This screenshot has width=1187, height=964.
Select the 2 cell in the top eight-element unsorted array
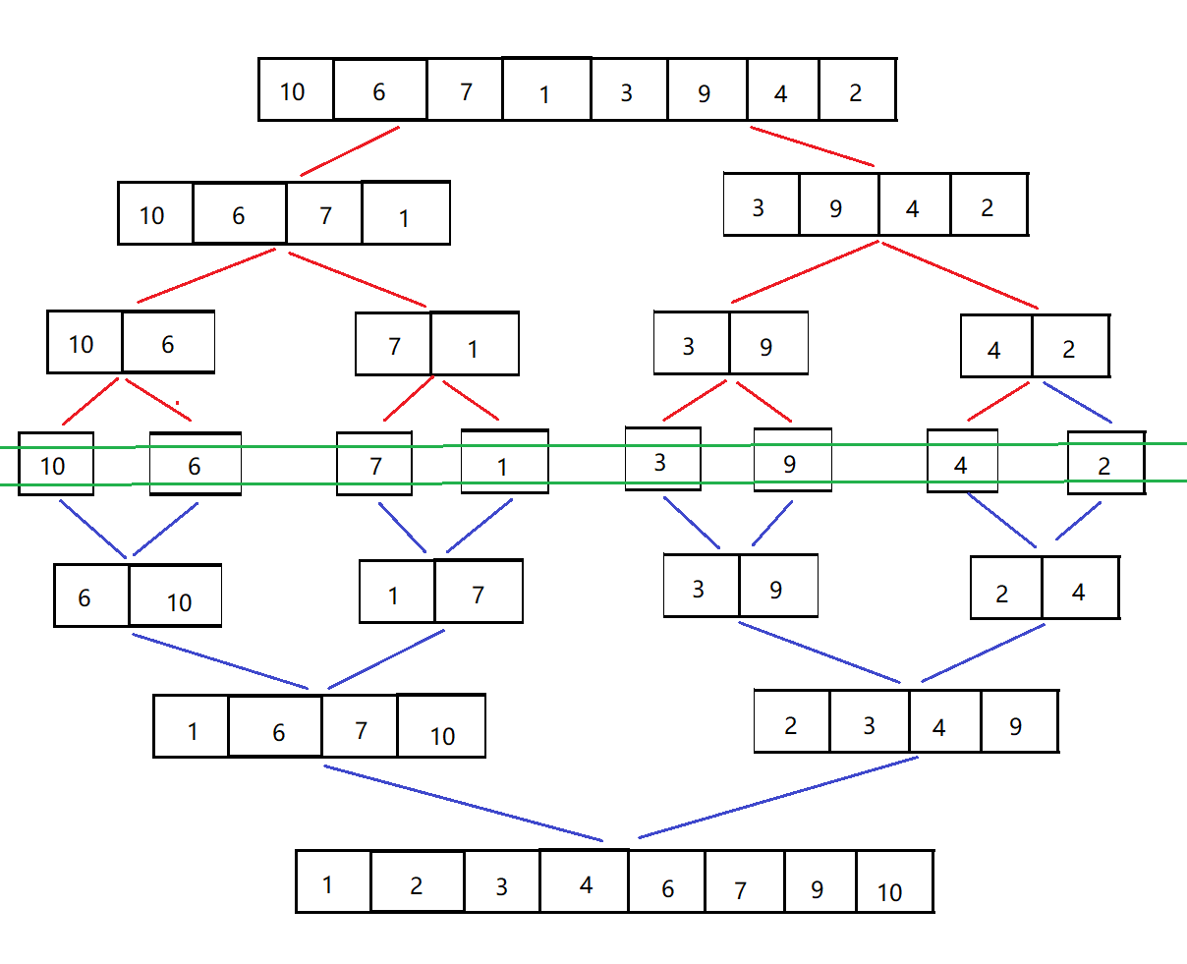857,90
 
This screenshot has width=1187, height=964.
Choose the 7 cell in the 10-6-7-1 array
324,213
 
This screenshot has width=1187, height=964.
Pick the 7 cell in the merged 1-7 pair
479,592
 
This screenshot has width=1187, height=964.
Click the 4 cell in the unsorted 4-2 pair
995,347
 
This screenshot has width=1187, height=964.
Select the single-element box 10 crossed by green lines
56,464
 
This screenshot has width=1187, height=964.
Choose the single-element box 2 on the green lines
1105,463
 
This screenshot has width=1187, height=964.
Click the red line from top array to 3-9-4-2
812,146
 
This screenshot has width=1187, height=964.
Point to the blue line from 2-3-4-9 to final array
777,798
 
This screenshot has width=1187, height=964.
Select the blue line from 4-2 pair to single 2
1077,402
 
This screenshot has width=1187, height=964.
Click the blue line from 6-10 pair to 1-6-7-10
221,661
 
